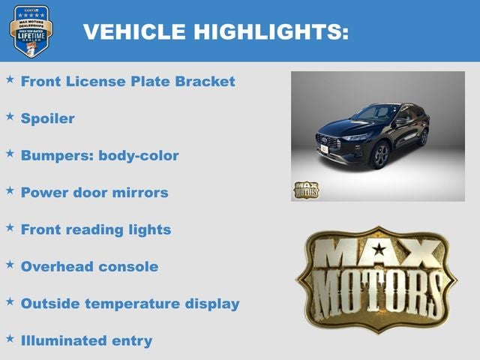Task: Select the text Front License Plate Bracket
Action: [x=127, y=81]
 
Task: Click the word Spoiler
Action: [x=47, y=118]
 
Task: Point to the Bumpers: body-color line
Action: [x=100, y=156]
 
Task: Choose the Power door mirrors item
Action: [x=94, y=193]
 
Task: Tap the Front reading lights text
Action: [x=96, y=229]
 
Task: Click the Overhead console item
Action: [x=89, y=266]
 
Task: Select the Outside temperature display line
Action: [x=130, y=304]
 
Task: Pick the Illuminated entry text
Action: [x=86, y=340]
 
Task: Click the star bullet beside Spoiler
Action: [x=10, y=116]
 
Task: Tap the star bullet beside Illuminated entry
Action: [x=10, y=338]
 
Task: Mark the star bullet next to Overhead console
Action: [x=10, y=264]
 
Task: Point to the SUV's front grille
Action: [x=328, y=141]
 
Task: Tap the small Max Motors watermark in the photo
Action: [x=305, y=190]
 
